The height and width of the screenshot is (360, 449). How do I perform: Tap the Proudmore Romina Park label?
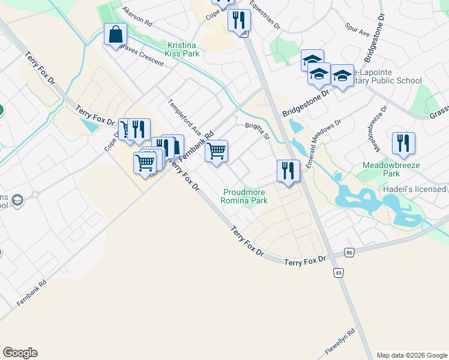(245, 196)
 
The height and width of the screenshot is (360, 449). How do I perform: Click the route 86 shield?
(349, 253)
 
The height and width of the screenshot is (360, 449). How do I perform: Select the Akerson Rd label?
(138, 16)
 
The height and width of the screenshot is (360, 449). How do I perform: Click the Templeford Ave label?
(185, 116)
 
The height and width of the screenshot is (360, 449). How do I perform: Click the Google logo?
(20, 352)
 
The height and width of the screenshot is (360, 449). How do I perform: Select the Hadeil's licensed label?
(415, 189)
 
